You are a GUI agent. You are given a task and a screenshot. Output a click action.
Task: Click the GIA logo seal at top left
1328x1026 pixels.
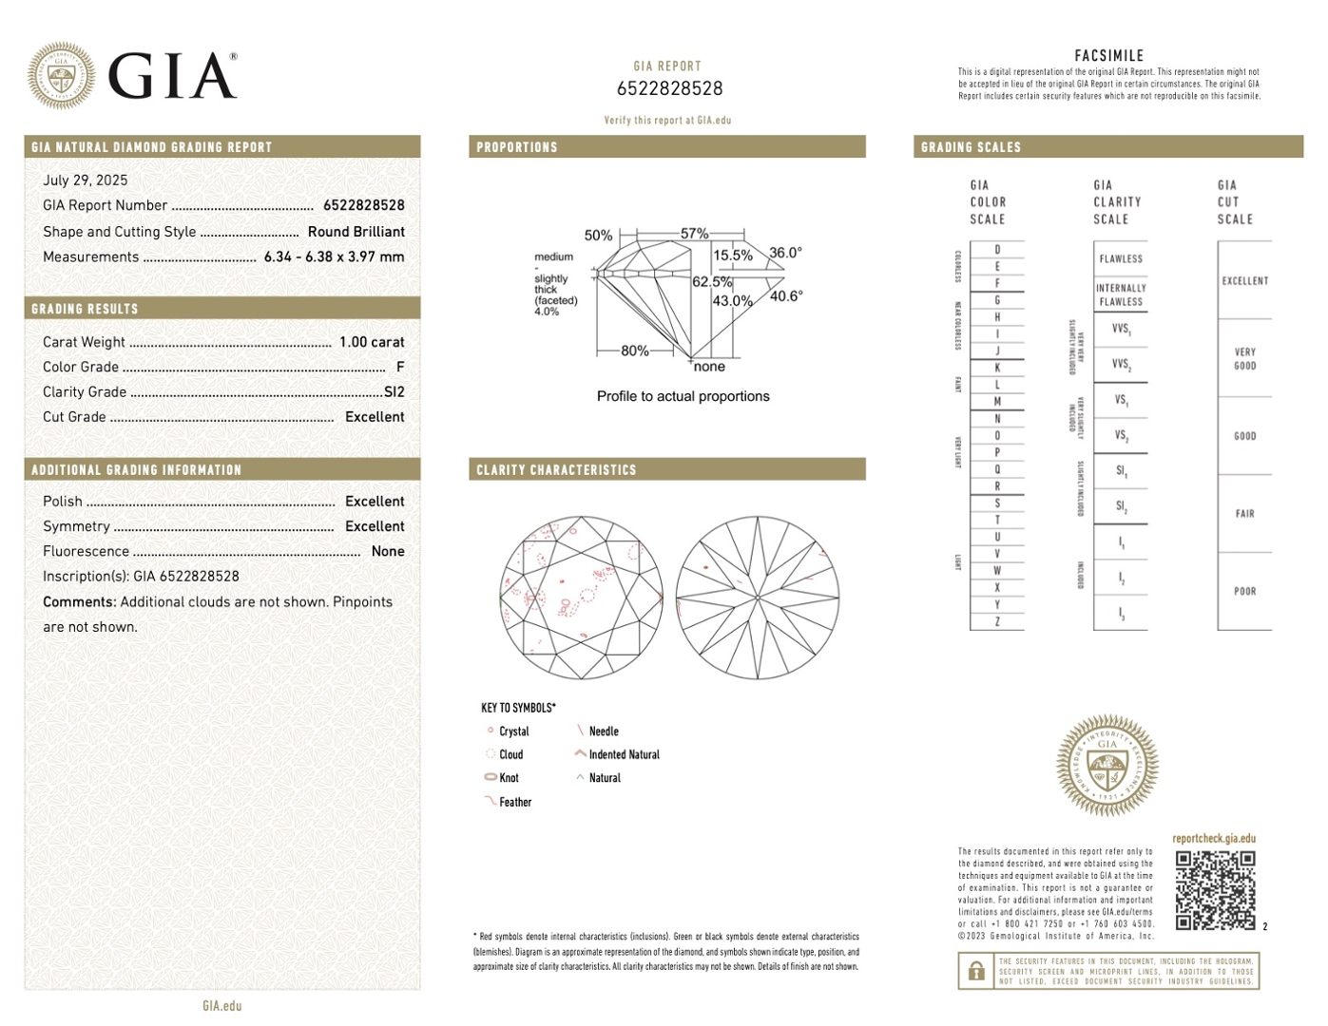pos(61,75)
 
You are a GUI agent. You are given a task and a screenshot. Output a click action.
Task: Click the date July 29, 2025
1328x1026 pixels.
pos(85,180)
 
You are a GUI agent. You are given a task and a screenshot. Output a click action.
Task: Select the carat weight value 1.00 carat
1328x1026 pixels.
pos(372,342)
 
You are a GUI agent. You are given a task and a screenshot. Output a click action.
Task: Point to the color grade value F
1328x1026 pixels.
pos(400,367)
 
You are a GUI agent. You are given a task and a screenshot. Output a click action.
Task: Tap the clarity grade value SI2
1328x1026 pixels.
pos(395,391)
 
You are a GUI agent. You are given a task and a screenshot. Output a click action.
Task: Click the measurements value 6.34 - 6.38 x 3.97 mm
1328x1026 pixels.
pos(334,256)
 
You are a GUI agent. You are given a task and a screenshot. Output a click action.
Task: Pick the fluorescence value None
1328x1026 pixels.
pos(388,551)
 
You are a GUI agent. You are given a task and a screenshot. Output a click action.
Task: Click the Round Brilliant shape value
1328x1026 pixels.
pos(356,232)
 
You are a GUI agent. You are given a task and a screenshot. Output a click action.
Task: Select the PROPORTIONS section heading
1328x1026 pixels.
pos(516,147)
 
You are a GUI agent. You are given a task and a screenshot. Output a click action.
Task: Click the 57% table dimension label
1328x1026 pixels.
pos(694,234)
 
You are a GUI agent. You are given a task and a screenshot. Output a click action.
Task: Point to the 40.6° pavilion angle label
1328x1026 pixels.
pos(786,296)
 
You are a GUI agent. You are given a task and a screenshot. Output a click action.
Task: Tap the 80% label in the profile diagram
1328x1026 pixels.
pos(634,351)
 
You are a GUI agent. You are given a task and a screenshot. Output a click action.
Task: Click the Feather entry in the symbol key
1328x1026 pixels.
pos(515,803)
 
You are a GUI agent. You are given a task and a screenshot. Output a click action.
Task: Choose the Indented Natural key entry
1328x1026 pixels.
pos(624,755)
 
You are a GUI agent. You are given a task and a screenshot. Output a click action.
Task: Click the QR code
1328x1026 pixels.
pos(1215,890)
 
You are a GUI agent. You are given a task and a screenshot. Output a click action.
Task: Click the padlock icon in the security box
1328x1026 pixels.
pos(976,971)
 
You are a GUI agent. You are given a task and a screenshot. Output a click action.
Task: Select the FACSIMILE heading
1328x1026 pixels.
pos(1108,56)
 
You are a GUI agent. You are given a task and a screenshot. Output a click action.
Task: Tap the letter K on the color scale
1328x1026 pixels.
pos(997,368)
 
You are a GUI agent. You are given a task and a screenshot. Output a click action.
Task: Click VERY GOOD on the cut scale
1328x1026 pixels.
pos(1245,358)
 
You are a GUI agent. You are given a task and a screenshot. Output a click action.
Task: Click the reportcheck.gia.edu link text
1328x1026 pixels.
pos(1214,839)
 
